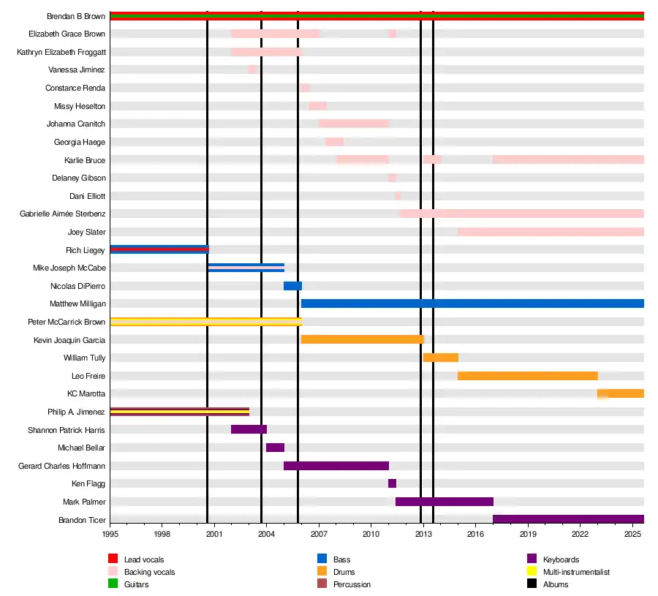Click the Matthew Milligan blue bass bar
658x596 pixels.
tap(472, 303)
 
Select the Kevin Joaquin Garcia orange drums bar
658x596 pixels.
tap(362, 339)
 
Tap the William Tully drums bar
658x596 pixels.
tap(440, 358)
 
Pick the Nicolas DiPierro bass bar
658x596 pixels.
tap(292, 286)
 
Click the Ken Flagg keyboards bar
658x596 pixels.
tap(392, 483)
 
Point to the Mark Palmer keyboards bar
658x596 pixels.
tap(444, 502)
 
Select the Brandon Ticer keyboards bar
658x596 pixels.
tap(568, 519)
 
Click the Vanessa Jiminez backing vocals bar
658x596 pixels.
tap(252, 69)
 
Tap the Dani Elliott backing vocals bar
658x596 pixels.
tap(398, 196)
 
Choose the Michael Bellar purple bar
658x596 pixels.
tap(275, 448)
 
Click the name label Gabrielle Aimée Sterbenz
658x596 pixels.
tap(62, 214)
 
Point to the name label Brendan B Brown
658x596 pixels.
tap(76, 16)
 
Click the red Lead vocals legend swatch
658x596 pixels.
tap(113, 559)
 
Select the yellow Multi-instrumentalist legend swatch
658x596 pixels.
tap(532, 572)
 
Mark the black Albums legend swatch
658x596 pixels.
tap(532, 584)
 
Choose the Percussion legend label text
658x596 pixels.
tap(352, 584)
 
